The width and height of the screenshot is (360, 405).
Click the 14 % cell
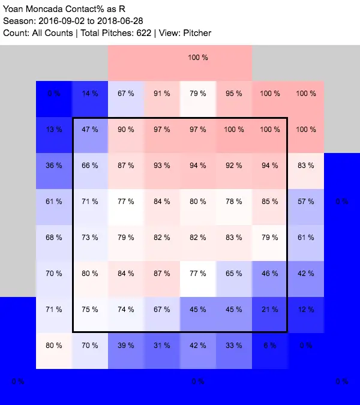[90, 94]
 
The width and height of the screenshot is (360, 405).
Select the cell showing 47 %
[90, 130]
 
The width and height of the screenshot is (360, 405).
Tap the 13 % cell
[54, 130]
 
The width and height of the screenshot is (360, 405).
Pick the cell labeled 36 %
[54, 166]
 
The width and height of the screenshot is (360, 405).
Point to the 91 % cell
[162, 94]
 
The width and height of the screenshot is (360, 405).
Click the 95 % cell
[234, 94]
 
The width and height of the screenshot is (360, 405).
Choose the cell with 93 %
[162, 166]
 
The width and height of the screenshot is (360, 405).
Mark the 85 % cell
[270, 202]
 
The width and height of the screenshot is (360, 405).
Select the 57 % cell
[306, 202]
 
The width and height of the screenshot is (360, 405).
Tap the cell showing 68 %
[54, 238]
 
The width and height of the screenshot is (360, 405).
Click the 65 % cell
[234, 274]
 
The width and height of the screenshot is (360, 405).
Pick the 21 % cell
[270, 310]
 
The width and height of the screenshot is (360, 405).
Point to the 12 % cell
[306, 310]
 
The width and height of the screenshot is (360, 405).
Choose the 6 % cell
[270, 346]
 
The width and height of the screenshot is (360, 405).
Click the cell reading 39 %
[126, 346]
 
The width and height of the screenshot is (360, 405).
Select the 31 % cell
[162, 346]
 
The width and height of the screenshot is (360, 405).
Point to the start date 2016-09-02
[59, 20]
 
